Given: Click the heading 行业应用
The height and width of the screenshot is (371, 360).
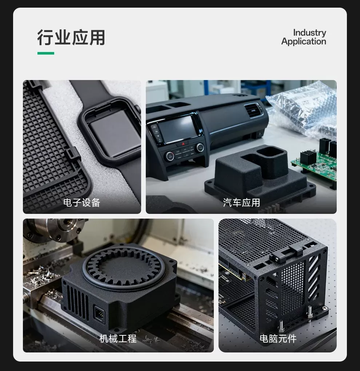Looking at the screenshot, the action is (71, 37).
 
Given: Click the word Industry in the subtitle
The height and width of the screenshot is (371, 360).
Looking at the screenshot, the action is (309, 33).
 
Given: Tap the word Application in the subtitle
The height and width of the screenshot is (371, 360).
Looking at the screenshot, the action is (304, 41).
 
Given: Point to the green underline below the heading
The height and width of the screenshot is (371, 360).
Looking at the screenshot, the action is (46, 53).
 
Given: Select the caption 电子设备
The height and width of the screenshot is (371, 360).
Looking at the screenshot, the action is (82, 203).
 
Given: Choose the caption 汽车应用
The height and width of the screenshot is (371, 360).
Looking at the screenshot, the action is (241, 203).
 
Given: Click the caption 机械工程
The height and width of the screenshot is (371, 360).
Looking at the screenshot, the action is (118, 339).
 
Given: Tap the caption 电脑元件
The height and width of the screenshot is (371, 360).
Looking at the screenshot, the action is (278, 339).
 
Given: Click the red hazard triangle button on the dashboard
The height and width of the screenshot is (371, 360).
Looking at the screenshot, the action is (184, 144).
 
